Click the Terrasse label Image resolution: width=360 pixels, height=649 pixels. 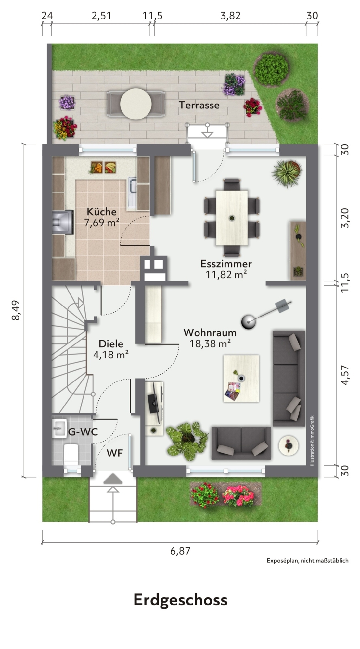tap(199, 105)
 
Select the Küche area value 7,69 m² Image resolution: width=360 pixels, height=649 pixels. tap(101, 223)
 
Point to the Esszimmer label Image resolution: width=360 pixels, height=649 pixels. tap(226, 263)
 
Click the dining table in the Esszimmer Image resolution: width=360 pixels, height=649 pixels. tap(232, 218)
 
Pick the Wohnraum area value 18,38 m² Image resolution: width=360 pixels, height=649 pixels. tap(210, 343)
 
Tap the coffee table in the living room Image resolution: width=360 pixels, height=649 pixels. tap(241, 379)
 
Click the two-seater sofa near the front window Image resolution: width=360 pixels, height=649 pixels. tap(241, 443)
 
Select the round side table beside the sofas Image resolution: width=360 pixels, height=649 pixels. tap(289, 445)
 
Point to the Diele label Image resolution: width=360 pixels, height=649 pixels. tap(111, 344)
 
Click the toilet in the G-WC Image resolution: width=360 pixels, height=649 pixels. tap(71, 454)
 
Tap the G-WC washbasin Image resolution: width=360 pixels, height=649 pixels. tap(59, 428)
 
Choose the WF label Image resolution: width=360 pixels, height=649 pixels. tap(115, 453)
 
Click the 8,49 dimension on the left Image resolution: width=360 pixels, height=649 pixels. tap(16, 310)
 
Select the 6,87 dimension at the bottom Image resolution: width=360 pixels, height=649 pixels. tap(180, 551)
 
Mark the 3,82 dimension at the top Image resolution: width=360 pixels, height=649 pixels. tap(231, 16)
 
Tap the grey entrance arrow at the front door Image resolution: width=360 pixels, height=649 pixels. tap(113, 479)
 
